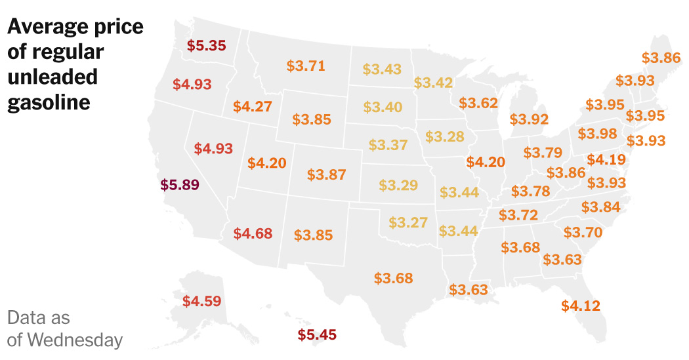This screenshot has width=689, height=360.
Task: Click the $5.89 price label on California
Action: click(x=179, y=185)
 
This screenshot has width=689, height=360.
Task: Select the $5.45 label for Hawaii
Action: click(x=317, y=335)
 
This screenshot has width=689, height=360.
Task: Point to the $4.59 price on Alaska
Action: click(x=201, y=302)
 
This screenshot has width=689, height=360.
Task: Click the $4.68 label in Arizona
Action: click(x=253, y=233)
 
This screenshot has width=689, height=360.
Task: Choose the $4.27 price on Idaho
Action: click(x=252, y=106)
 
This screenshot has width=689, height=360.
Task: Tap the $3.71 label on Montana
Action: click(x=306, y=66)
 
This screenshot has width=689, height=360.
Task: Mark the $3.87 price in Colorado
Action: click(x=326, y=175)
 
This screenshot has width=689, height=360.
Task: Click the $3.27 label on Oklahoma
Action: click(x=408, y=222)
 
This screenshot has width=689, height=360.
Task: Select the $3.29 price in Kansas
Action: click(x=398, y=185)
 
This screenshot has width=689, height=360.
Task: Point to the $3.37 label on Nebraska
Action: click(x=388, y=145)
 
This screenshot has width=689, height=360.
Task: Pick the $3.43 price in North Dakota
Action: click(x=382, y=69)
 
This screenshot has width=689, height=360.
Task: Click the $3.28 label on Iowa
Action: click(x=444, y=136)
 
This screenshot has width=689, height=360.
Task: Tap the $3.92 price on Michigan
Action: click(x=529, y=119)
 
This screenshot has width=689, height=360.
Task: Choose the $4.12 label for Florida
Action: click(x=581, y=305)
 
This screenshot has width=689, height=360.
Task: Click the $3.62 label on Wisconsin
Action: click(x=478, y=103)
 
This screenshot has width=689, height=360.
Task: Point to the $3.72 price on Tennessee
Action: click(x=518, y=215)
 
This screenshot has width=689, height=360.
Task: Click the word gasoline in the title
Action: click(x=49, y=103)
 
